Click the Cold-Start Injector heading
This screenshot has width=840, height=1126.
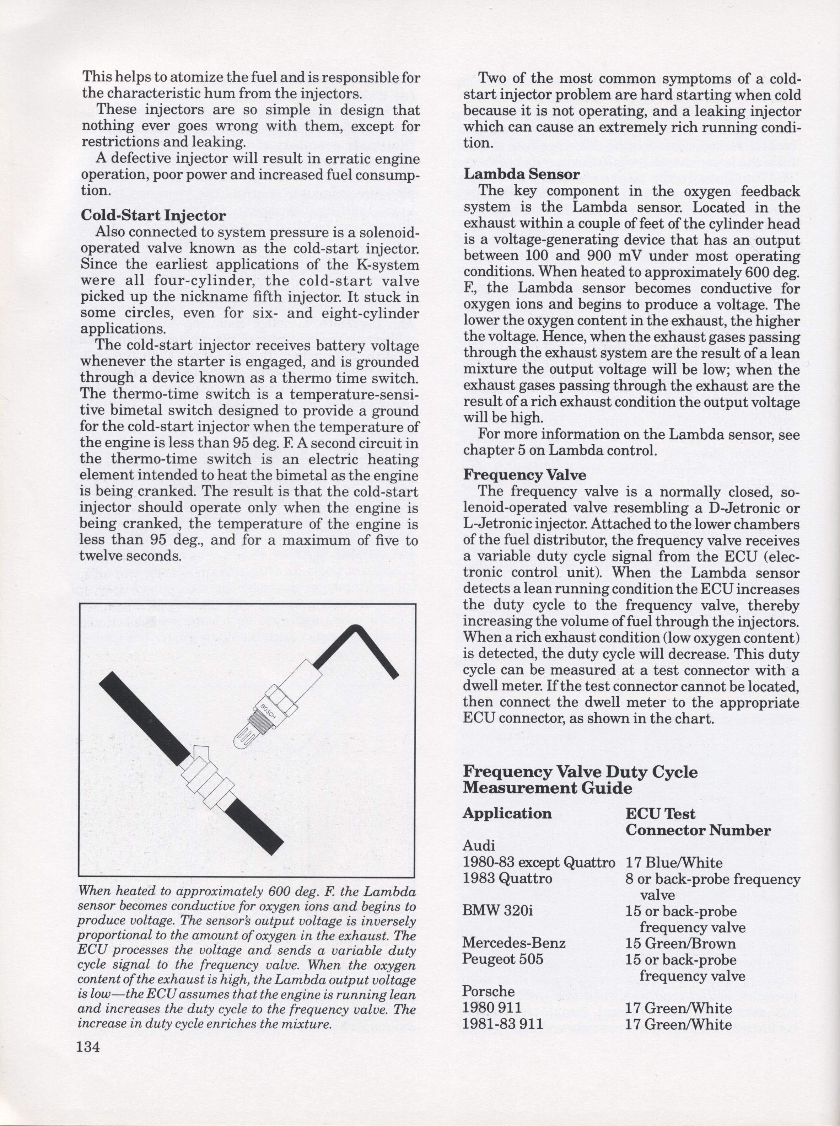[153, 216]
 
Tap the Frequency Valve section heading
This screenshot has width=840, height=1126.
[524, 475]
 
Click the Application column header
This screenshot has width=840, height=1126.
[507, 813]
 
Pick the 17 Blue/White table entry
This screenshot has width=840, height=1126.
[674, 863]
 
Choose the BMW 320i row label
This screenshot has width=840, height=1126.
[498, 911]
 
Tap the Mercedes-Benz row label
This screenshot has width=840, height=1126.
[514, 943]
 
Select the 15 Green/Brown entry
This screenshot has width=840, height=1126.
[680, 943]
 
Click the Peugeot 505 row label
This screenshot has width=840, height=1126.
[503, 959]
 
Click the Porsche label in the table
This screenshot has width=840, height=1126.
[488, 991]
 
